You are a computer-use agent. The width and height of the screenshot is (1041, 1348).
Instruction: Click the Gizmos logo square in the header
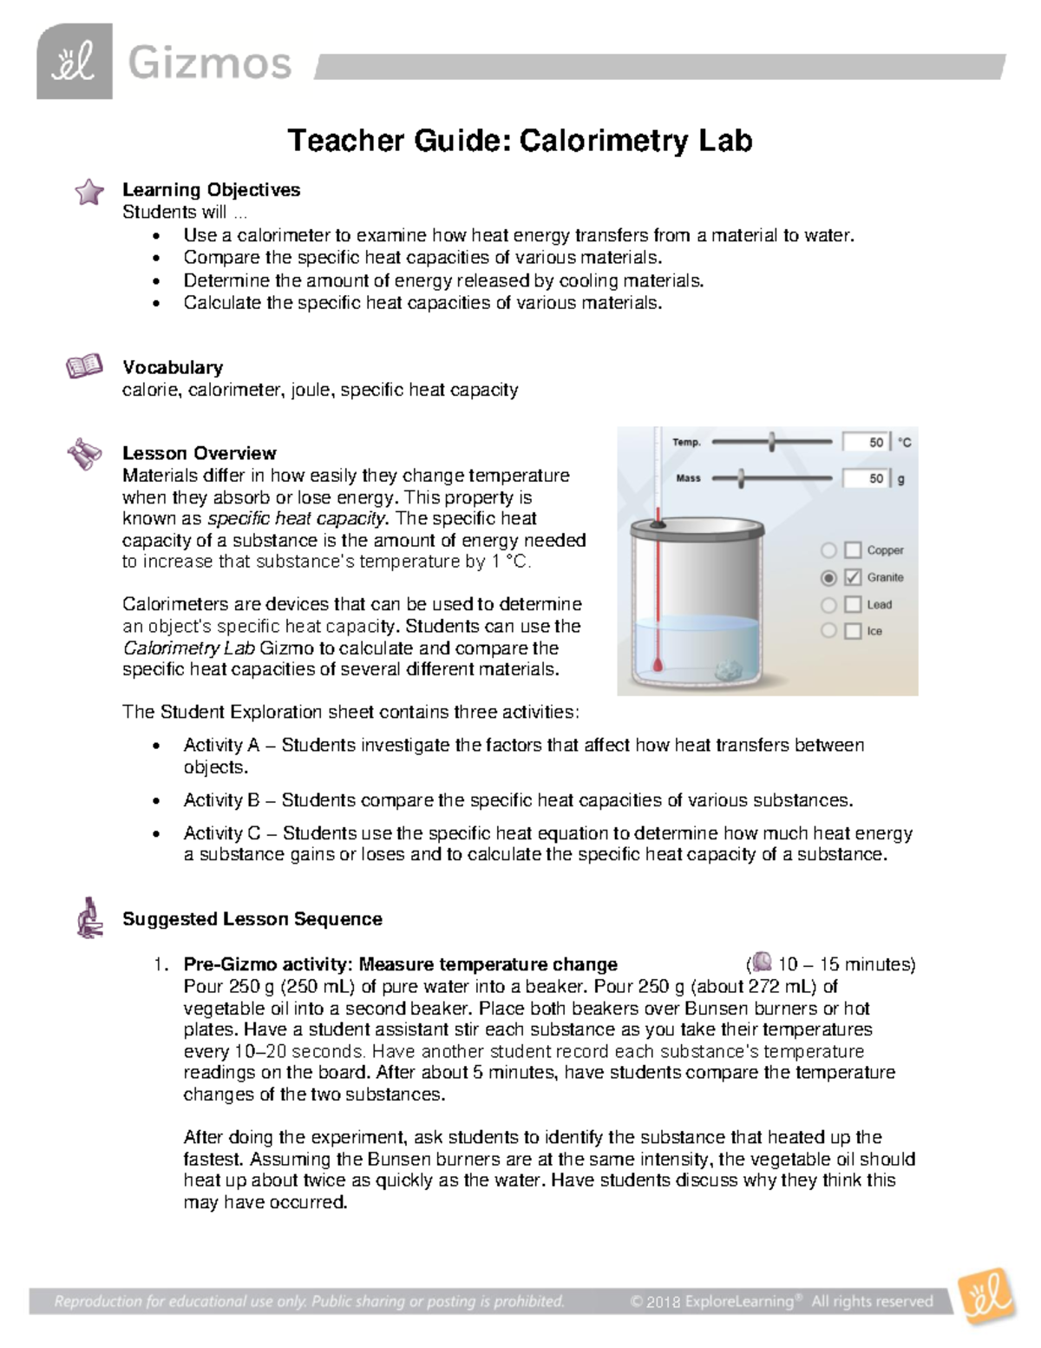(x=75, y=61)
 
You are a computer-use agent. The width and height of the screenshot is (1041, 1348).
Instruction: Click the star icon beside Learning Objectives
(x=88, y=192)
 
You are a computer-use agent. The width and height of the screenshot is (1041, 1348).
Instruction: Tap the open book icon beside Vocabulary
(x=84, y=367)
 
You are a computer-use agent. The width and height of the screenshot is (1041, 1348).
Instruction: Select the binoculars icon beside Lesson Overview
(x=84, y=454)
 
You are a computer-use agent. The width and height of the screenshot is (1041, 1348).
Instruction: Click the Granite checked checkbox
(x=853, y=577)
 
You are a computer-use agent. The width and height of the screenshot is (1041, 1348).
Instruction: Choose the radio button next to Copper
(x=828, y=550)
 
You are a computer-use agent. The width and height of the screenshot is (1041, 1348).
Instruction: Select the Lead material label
(x=879, y=605)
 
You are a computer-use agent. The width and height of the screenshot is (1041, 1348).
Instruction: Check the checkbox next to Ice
(x=853, y=632)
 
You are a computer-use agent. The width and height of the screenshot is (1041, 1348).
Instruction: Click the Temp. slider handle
(x=771, y=442)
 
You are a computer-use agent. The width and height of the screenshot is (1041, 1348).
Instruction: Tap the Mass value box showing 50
(x=866, y=478)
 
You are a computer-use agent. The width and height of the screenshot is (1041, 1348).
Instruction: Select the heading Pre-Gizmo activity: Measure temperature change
(x=400, y=964)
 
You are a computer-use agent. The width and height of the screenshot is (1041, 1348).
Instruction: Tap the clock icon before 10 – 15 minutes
(x=762, y=962)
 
